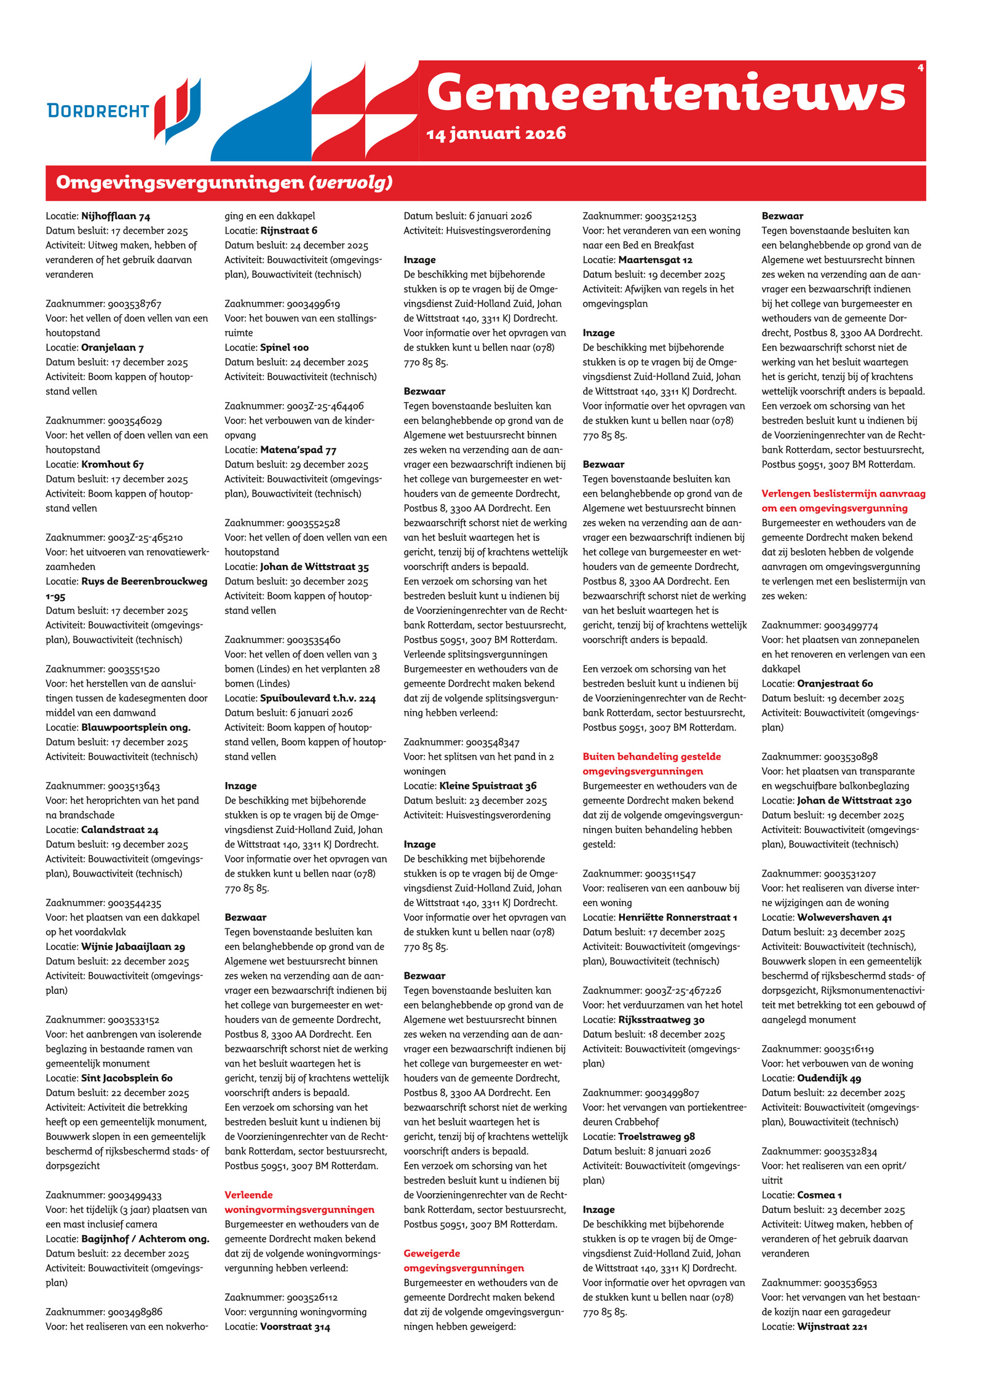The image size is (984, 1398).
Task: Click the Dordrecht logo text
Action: (x=98, y=111)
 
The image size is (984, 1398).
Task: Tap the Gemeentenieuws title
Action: (x=666, y=92)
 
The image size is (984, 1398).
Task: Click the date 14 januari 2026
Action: (x=496, y=133)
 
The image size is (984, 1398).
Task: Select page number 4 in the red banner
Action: (x=920, y=68)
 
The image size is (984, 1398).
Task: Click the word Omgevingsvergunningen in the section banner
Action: (x=180, y=183)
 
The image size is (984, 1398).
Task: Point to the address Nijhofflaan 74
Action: (x=116, y=216)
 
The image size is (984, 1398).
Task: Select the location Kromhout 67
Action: (x=113, y=465)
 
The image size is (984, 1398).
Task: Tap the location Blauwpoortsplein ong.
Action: (x=136, y=727)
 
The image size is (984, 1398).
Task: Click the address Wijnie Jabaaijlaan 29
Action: (x=133, y=947)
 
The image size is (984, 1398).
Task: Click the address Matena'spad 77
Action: (x=298, y=450)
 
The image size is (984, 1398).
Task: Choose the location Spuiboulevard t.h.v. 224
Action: (x=317, y=698)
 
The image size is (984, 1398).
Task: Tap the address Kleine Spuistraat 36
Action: (x=488, y=786)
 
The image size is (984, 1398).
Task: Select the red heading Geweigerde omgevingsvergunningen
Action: (x=464, y=1260)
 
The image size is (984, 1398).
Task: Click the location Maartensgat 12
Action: (x=655, y=260)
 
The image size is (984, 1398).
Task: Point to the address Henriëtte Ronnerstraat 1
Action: (x=677, y=917)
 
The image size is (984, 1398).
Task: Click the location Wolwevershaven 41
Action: (x=844, y=917)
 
